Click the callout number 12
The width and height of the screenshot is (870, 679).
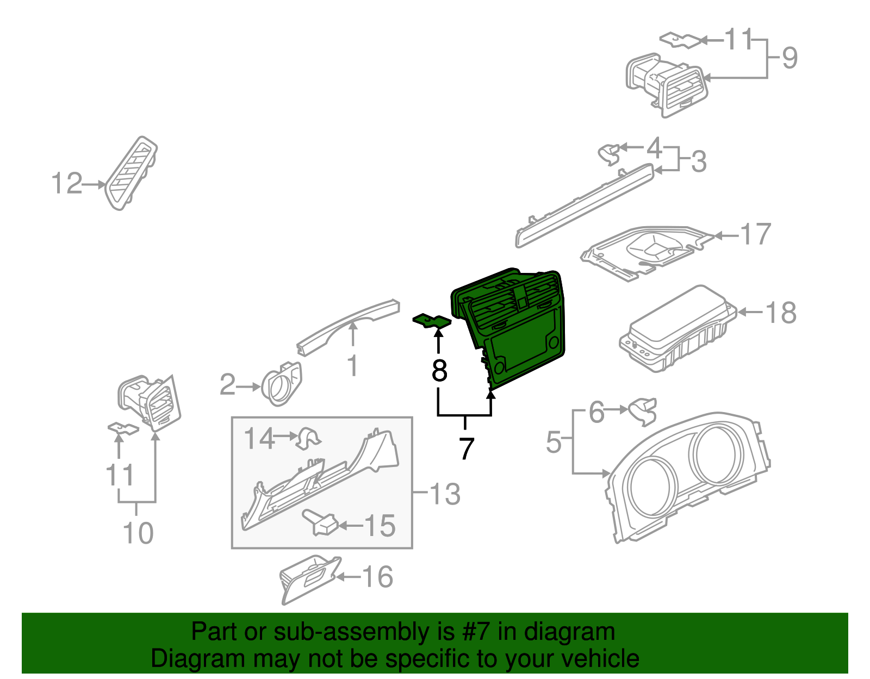coord(66,184)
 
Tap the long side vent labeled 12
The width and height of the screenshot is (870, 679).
coord(132,172)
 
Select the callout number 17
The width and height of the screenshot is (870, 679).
coord(755,234)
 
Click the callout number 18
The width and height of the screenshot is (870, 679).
coord(780,313)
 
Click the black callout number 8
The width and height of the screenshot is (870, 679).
coord(439,371)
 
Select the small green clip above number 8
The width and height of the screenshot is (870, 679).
coord(432,321)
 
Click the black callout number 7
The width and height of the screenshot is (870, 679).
coord(467,448)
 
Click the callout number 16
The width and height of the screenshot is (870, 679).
coord(377,577)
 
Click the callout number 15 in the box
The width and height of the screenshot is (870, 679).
coord(380,526)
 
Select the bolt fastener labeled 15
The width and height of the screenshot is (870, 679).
coord(321,522)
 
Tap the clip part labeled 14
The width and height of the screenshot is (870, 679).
coord(308,439)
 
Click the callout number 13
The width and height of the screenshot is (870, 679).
coord(445,494)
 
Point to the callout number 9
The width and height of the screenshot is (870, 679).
coord(790,58)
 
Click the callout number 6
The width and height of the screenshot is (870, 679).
coord(596,412)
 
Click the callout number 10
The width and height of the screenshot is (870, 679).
coord(138,533)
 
